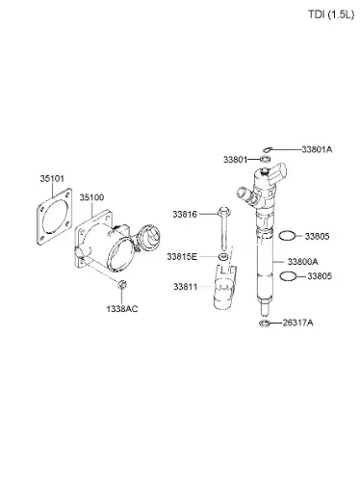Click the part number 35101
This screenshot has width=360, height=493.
pos(52,179)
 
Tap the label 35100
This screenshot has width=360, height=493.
pos(91,197)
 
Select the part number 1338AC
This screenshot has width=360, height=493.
pos(122,309)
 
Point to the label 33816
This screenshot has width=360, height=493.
pos(185,214)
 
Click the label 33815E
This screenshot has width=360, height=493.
pos(182,257)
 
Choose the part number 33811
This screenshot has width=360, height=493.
pos(186,287)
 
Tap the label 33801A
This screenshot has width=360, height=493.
pos(317,149)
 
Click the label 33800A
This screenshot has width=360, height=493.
pos(302,262)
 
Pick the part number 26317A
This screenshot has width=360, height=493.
pos(297,323)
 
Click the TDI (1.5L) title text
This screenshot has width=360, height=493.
pos(331,14)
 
